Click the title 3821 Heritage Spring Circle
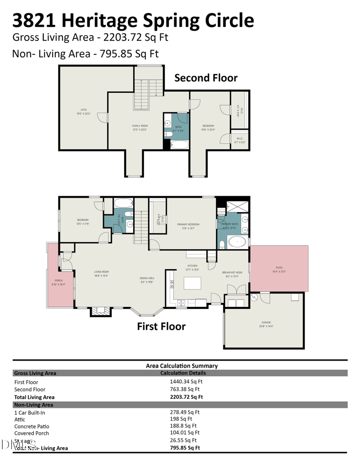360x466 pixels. (133, 20)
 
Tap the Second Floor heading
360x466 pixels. (206, 78)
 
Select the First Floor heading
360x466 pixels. (161, 326)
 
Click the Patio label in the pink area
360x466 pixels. (279, 270)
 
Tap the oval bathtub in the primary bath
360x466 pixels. (236, 242)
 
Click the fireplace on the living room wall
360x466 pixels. (99, 312)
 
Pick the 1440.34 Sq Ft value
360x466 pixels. (184, 381)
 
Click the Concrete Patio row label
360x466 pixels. (32, 426)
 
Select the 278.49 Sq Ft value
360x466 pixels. (184, 412)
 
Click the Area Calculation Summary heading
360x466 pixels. (182, 366)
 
